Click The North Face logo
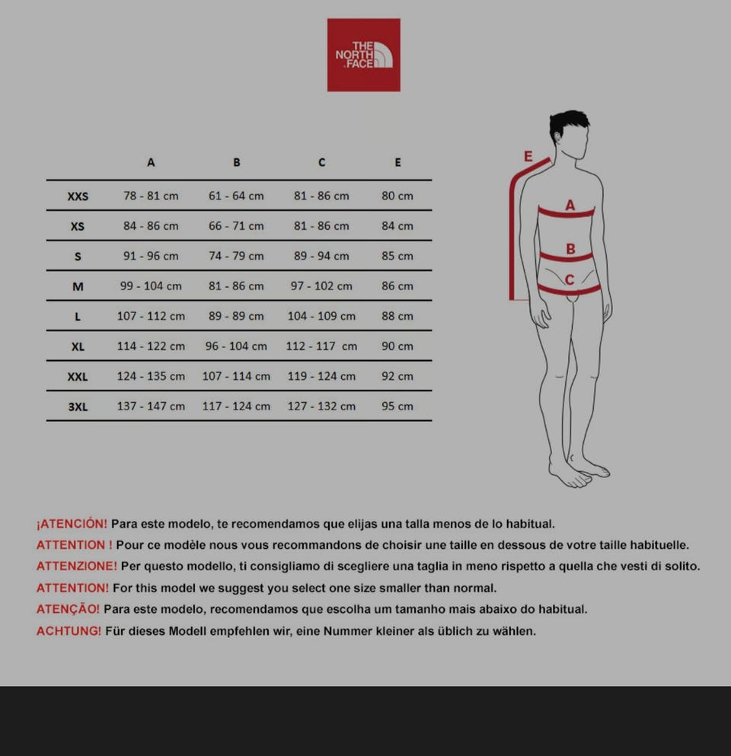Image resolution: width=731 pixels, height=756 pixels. pos(363,55)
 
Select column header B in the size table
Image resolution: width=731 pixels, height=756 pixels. pos(236,162)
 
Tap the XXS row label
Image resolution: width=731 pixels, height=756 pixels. pos(78,196)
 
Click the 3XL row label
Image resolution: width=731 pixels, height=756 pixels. pos(78,407)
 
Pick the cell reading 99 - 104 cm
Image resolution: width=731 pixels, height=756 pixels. pos(151,286)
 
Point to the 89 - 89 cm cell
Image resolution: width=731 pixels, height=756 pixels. pos(236,316)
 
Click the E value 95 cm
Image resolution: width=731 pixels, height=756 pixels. pos(397,406)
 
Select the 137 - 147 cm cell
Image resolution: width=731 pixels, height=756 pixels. pos(151,406)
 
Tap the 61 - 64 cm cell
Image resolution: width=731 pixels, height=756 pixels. pos(236,196)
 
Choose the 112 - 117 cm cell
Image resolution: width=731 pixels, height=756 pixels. pos(321,346)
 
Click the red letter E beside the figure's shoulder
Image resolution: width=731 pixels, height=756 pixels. pos(528,156)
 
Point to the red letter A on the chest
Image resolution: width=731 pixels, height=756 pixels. pos(570,206)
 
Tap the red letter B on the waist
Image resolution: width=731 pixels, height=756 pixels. pos(570,249)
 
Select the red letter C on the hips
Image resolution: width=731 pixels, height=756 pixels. pos(570,279)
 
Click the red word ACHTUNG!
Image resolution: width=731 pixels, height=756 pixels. pos(69,630)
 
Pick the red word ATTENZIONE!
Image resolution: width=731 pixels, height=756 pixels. pos(77,566)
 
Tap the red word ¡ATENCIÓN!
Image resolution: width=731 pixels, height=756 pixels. pos(72,524)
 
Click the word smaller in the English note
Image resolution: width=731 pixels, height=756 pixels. pos(401,589)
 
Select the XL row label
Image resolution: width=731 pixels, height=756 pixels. pos(78,346)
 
